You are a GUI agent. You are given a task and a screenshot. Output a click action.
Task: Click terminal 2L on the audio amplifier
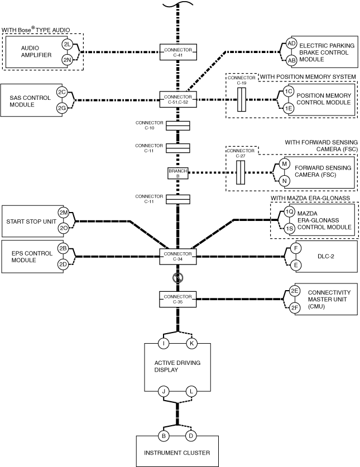(x=67, y=45)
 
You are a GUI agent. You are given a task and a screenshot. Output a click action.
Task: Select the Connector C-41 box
(x=178, y=52)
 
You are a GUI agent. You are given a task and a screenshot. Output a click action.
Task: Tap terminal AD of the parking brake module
(x=291, y=44)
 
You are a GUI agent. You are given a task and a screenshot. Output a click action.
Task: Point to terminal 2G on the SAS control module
(x=62, y=108)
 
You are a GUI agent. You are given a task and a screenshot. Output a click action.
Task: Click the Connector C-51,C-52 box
(x=178, y=99)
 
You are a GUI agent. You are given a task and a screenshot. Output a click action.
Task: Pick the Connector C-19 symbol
(x=242, y=99)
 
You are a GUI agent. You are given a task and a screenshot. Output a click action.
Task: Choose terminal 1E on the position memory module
(x=288, y=108)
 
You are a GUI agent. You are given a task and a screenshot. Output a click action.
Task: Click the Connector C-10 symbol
(x=177, y=126)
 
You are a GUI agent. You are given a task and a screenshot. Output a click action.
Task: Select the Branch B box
(x=178, y=173)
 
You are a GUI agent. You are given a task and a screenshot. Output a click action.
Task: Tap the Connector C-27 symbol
(x=241, y=172)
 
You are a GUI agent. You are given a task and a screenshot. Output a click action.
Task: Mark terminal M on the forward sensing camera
(x=284, y=164)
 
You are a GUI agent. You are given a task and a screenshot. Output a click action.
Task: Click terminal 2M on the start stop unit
(x=64, y=213)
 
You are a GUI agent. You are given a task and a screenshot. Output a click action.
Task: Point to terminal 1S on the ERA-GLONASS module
(x=289, y=229)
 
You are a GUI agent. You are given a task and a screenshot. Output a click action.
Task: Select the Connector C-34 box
(x=178, y=257)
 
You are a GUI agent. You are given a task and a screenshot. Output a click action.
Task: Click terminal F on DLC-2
(x=296, y=248)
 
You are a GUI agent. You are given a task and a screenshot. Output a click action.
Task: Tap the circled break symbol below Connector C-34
(x=178, y=278)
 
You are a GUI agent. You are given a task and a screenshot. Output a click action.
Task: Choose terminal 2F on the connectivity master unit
(x=295, y=308)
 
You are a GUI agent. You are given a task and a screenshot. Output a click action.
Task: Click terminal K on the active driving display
(x=191, y=343)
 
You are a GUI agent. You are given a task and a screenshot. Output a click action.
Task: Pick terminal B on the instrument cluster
(x=164, y=436)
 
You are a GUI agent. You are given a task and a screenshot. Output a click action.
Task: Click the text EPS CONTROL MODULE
(x=32, y=257)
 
